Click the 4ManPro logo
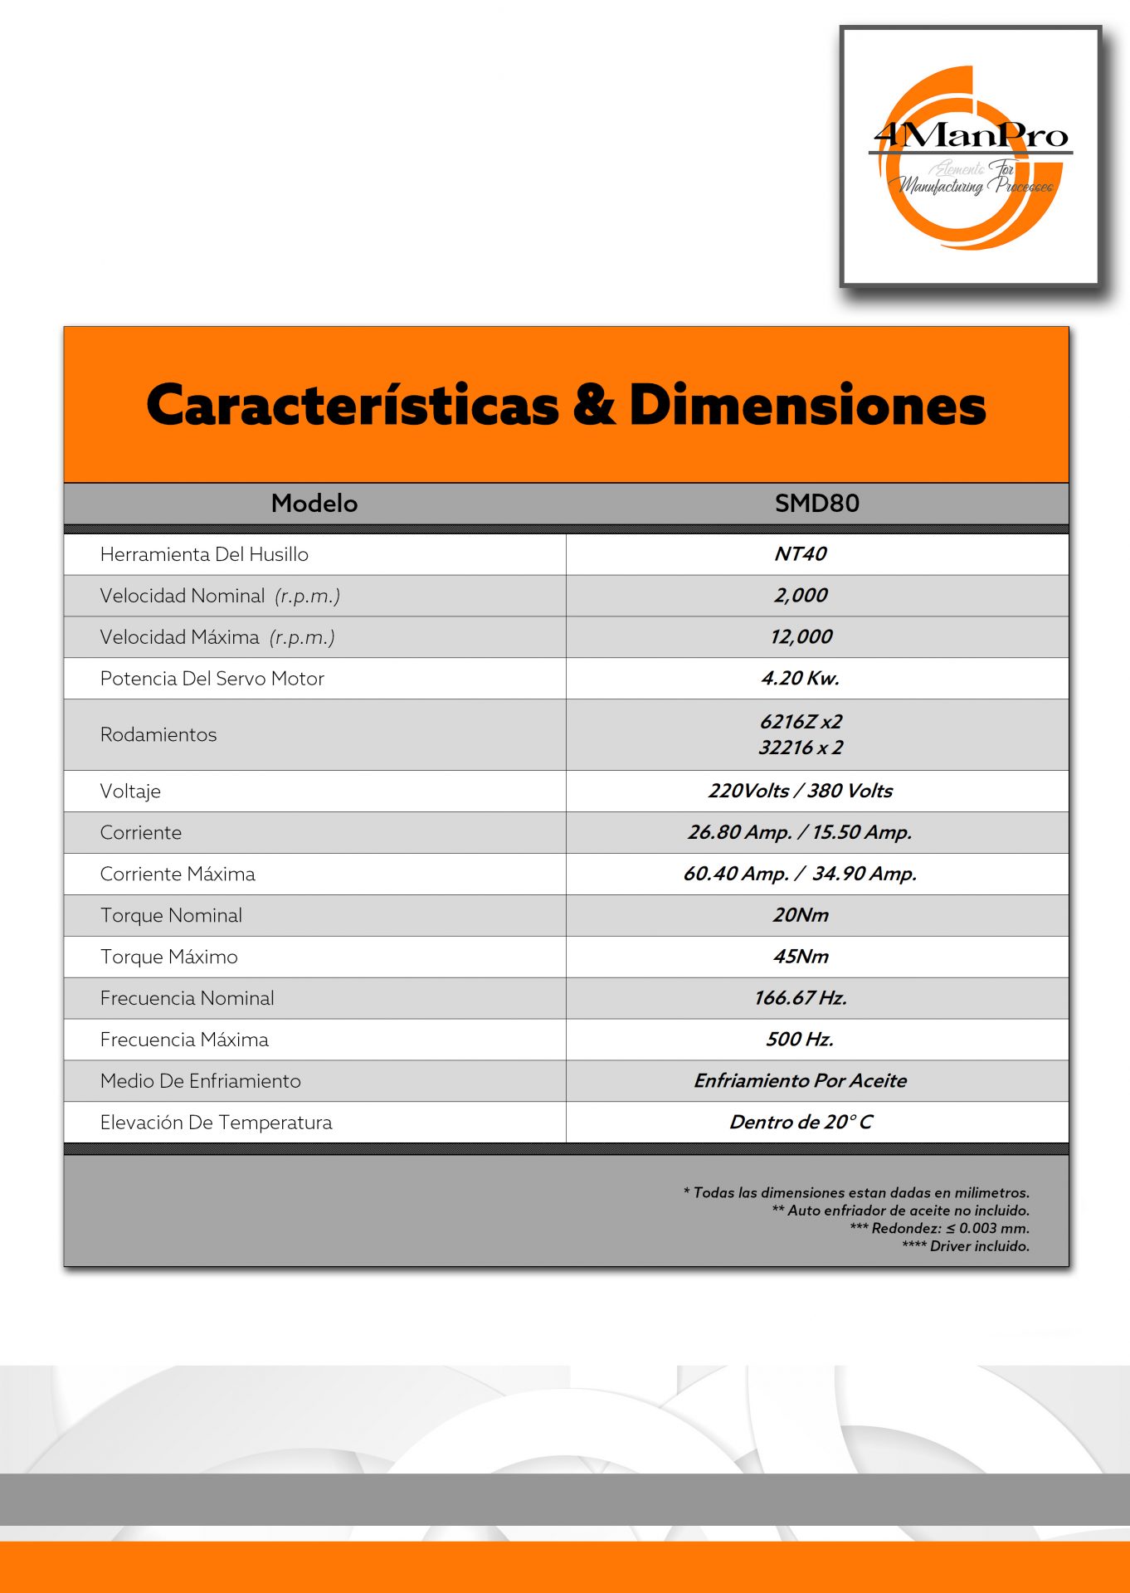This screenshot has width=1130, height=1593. point(971,157)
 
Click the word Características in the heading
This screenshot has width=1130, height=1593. point(353,406)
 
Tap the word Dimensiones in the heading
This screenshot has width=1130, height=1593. point(807,406)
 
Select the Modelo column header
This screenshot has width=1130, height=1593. point(314,504)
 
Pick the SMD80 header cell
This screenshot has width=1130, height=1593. point(816,504)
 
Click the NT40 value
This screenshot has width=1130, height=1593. point(801,554)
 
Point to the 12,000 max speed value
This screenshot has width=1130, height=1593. point(801,637)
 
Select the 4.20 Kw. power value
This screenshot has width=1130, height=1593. point(801,679)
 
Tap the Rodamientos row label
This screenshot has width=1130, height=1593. point(158,735)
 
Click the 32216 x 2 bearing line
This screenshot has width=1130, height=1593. point(801,748)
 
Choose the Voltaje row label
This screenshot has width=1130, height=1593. point(130,792)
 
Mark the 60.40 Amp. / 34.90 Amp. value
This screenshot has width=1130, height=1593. point(800,874)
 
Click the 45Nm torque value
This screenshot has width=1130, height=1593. point(801,957)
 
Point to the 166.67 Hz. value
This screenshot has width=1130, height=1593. point(801,998)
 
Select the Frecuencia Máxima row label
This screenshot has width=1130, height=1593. point(184,1040)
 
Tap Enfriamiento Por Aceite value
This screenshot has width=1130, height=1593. point(801,1081)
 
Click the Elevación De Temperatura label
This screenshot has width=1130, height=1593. point(216,1123)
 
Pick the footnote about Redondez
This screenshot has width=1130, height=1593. point(939,1229)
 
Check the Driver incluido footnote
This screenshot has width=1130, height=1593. point(966,1246)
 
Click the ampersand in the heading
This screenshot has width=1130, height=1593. point(594,406)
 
